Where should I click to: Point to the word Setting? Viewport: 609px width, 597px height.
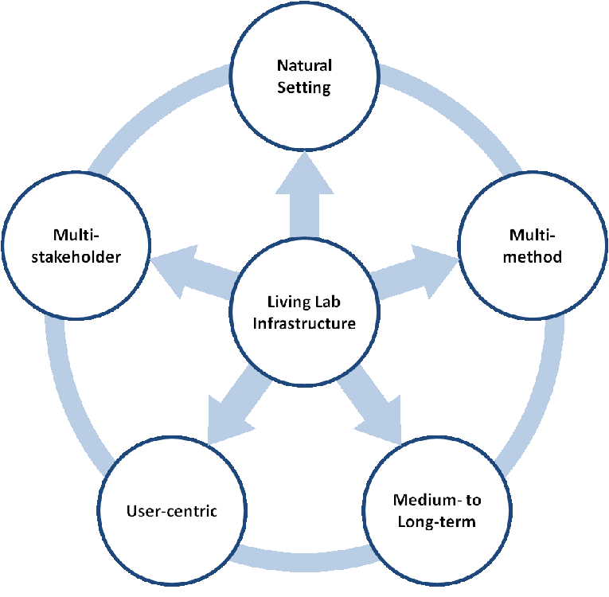pyautogui.click(x=303, y=87)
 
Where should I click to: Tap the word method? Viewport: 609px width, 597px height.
pyautogui.click(x=535, y=256)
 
